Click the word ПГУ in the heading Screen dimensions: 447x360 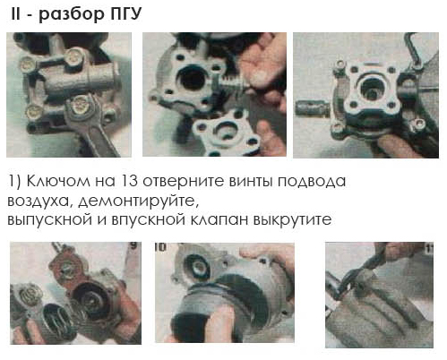click(x=126, y=13)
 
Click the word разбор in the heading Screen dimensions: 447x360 click(x=72, y=15)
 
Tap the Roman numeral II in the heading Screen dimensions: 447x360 click(x=15, y=13)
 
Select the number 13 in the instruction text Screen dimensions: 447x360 click(x=128, y=181)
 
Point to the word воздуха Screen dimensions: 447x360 click(x=38, y=201)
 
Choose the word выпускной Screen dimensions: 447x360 click(x=49, y=220)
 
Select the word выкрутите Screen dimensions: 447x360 click(x=292, y=220)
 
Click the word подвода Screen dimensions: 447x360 click(x=312, y=182)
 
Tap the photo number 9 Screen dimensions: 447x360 click(x=134, y=245)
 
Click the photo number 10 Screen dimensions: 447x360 click(x=160, y=247)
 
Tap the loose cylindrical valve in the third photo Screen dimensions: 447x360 click(x=313, y=108)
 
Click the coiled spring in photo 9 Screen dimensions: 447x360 click(x=56, y=320)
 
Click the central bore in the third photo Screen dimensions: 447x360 click(x=372, y=89)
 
